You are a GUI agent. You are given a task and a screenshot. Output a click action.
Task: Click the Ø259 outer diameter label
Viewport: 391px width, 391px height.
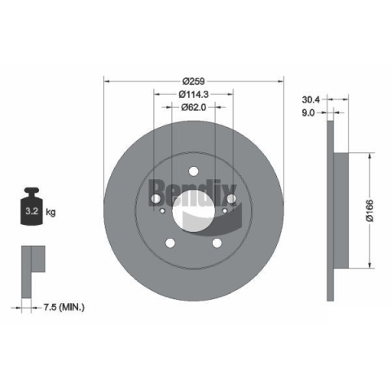[x=194, y=81]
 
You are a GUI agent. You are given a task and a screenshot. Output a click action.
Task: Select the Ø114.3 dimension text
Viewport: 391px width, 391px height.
[x=194, y=94]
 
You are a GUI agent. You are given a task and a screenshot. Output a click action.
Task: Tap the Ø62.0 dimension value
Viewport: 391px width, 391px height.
[x=194, y=108]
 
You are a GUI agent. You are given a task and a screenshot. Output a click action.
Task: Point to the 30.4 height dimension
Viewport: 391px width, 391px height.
[x=311, y=99]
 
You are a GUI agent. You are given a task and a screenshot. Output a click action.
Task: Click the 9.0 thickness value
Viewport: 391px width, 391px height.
[x=309, y=112]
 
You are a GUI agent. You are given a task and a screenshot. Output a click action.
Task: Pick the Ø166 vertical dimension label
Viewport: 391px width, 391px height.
[x=370, y=210]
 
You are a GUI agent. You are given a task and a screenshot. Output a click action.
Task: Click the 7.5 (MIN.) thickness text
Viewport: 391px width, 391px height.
[x=64, y=307]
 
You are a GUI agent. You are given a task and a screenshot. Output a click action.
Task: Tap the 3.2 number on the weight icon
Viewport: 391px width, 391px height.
[x=32, y=211]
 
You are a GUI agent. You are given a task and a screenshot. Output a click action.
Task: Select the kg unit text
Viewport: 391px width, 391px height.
[x=51, y=212]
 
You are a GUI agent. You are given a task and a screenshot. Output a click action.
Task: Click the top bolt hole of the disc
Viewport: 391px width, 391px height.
[x=194, y=171]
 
